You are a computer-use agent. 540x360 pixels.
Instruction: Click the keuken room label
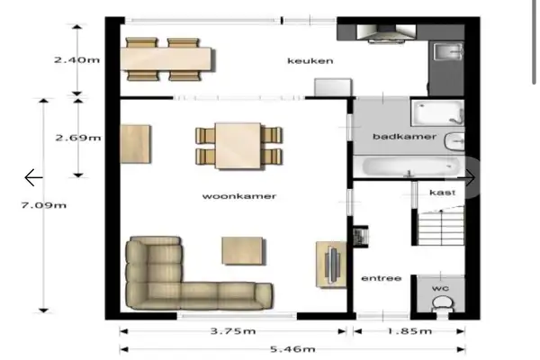click(x=310, y=61)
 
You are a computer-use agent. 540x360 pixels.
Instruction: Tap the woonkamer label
click(x=238, y=195)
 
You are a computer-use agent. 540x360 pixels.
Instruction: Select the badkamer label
click(x=392, y=137)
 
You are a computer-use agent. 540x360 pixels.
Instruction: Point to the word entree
click(x=381, y=278)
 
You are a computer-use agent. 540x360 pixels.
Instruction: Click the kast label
click(x=441, y=193)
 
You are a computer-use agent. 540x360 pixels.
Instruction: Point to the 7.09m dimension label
click(x=44, y=205)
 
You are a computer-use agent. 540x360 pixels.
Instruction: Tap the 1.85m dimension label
click(x=409, y=330)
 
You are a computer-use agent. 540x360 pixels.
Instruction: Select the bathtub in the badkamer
click(x=410, y=166)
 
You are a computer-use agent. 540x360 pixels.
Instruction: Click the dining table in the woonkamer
click(x=237, y=144)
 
